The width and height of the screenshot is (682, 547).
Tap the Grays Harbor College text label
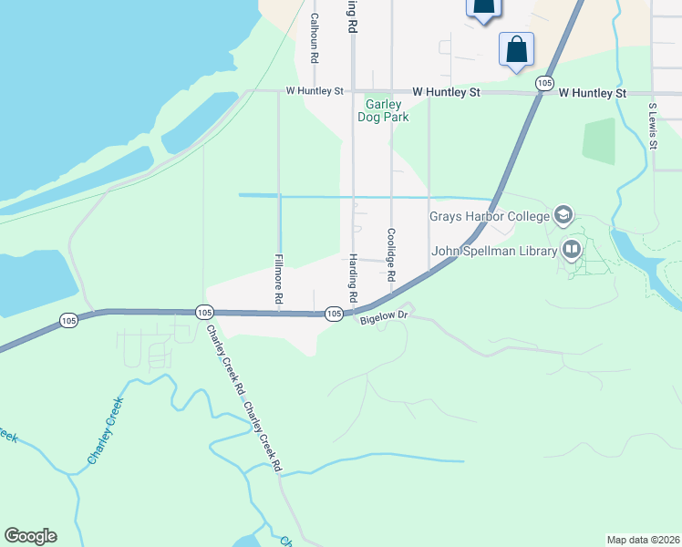490,216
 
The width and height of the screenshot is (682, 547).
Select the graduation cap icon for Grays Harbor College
563,215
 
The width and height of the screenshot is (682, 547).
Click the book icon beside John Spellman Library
572,248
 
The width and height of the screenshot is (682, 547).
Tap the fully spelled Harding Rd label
352,277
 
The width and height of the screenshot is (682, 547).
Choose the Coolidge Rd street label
391,254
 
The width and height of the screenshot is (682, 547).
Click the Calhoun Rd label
314,37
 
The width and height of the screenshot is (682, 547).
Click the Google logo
30,536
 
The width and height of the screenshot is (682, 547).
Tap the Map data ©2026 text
643,539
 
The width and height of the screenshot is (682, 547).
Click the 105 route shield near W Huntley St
544,83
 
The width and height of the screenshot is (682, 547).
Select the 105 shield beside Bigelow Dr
335,314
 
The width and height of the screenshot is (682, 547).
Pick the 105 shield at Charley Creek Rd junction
203,313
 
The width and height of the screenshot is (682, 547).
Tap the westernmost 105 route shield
69,320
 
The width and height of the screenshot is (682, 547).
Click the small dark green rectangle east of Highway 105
598,141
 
